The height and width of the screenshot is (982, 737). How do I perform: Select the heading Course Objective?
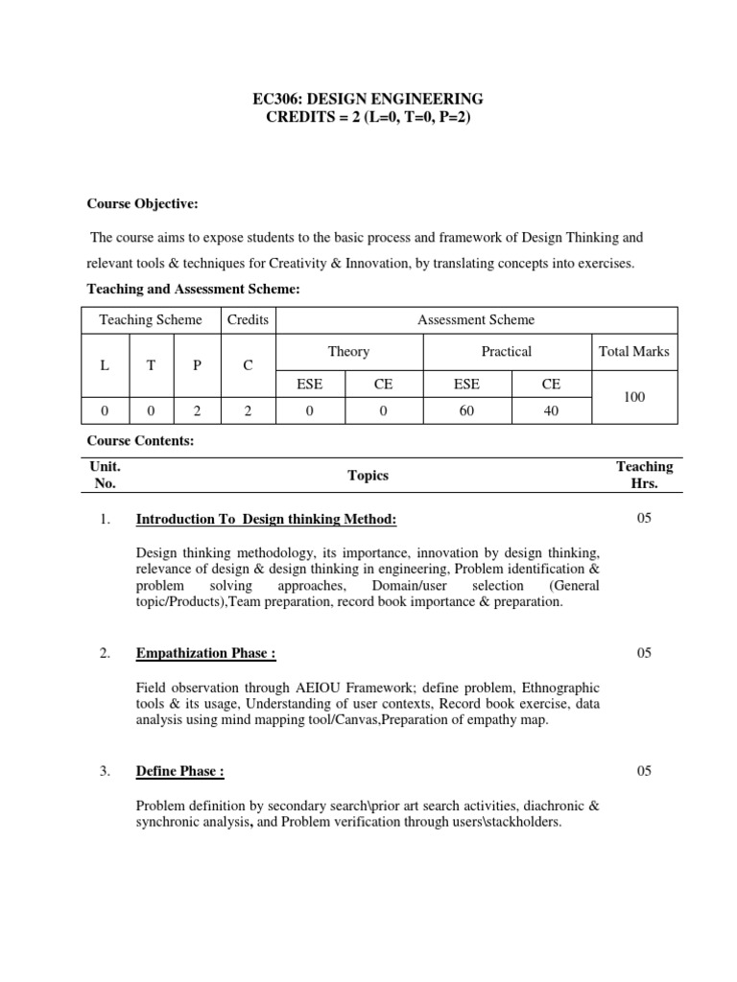click(143, 203)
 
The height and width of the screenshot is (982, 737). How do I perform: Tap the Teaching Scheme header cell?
click(151, 320)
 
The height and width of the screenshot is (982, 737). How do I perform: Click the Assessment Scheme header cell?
click(476, 320)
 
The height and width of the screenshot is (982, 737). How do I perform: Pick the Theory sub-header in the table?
click(348, 352)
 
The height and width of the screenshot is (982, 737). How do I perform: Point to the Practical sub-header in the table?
click(506, 352)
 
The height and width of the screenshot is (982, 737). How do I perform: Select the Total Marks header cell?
click(633, 352)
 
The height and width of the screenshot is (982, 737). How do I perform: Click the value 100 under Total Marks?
click(633, 395)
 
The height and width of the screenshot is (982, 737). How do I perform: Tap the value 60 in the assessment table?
click(466, 410)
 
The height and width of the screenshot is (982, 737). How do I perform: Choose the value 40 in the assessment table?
click(550, 410)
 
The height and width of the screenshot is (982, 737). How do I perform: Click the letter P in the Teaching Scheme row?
click(197, 365)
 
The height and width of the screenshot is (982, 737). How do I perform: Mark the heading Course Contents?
click(141, 441)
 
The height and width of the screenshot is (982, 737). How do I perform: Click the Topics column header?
click(368, 476)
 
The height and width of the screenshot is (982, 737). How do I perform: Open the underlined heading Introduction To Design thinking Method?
click(266, 520)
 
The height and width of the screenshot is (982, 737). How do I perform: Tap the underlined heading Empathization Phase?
click(206, 654)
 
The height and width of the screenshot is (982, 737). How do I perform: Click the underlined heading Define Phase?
click(180, 772)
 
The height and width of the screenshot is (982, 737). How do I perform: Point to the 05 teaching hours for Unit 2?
click(644, 653)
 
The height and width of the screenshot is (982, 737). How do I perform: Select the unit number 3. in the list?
click(106, 772)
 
